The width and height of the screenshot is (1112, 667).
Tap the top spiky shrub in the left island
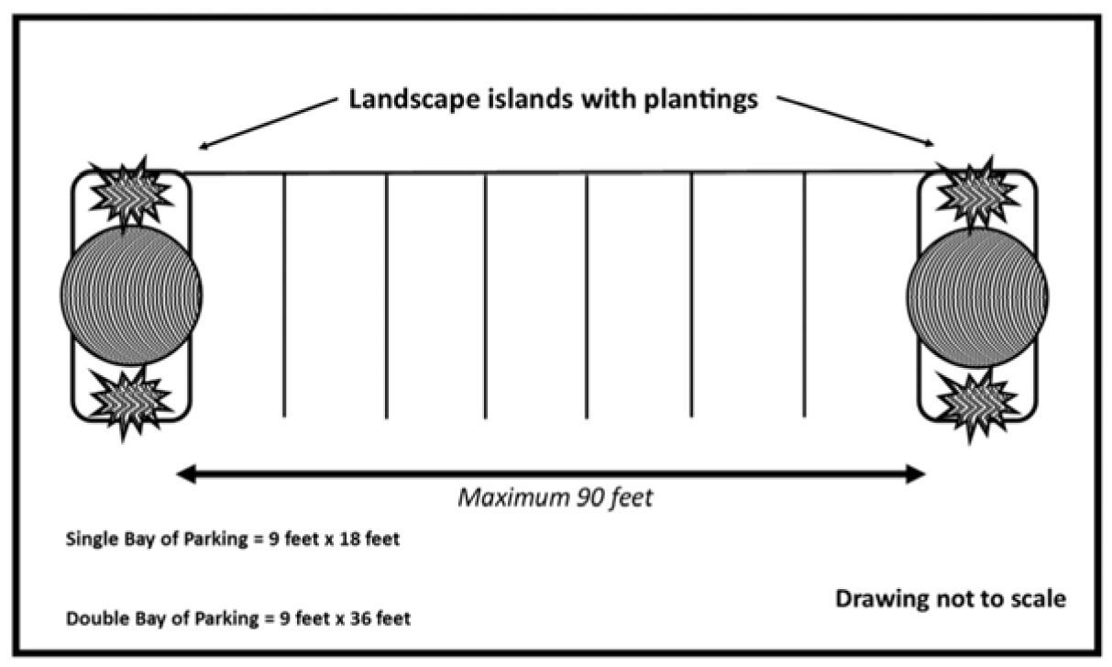pyautogui.click(x=131, y=191)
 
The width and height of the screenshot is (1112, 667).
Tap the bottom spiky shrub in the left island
pyautogui.click(x=131, y=400)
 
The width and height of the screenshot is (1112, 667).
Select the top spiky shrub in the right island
pyautogui.click(x=977, y=191)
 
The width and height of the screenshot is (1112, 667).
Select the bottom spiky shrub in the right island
pyautogui.click(x=977, y=400)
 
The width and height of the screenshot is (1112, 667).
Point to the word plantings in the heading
pyautogui.click(x=700, y=99)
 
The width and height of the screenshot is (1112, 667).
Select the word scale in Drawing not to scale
pyautogui.click(x=1035, y=600)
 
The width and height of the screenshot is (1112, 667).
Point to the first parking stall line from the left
pyautogui.click(x=284, y=294)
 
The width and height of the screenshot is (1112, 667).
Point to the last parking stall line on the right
pyautogui.click(x=805, y=294)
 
